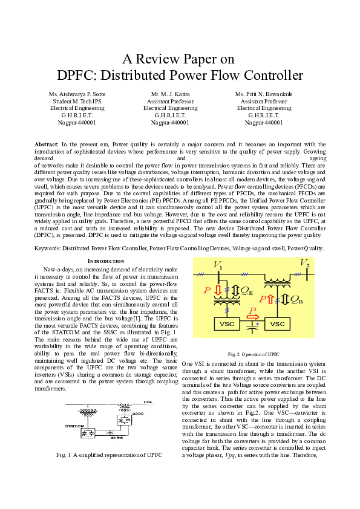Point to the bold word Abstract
click(x=46, y=144)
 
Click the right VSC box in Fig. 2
click(x=278, y=325)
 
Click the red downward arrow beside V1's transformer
click(x=218, y=290)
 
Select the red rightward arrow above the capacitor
click(x=254, y=316)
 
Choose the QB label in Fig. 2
click(x=296, y=299)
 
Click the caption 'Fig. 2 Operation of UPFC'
click(x=254, y=354)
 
